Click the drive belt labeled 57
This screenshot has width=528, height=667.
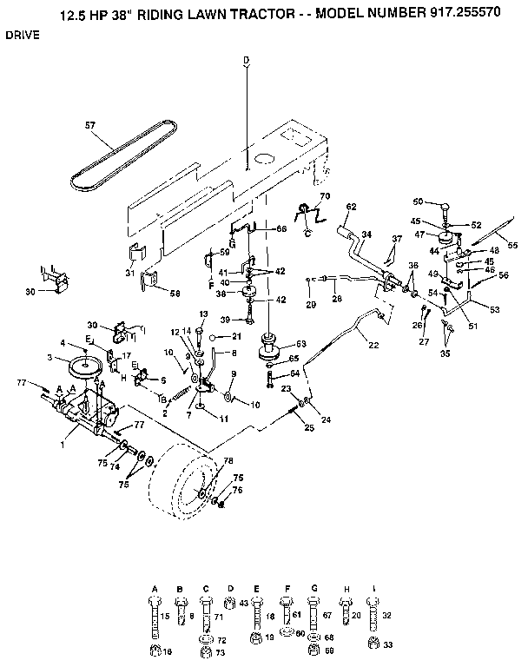click(x=122, y=156)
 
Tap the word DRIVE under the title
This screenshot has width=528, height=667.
click(x=23, y=37)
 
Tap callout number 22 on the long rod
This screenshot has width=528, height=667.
click(x=374, y=344)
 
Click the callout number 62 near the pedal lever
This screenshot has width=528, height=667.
click(x=351, y=207)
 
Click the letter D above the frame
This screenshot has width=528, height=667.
click(x=246, y=59)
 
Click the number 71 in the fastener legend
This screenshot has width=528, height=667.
click(x=219, y=615)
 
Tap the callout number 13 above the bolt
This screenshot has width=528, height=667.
click(x=204, y=314)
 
